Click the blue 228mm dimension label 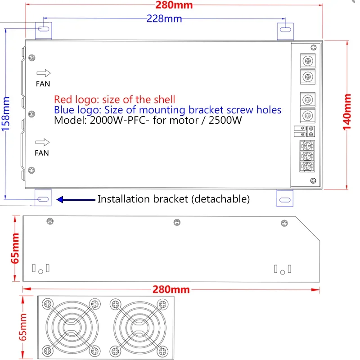164,19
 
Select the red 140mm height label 347,112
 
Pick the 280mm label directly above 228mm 174,5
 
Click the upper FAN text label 43,84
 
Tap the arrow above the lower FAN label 43,143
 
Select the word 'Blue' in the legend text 63,110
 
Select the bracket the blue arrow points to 43,198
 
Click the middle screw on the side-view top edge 177,222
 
